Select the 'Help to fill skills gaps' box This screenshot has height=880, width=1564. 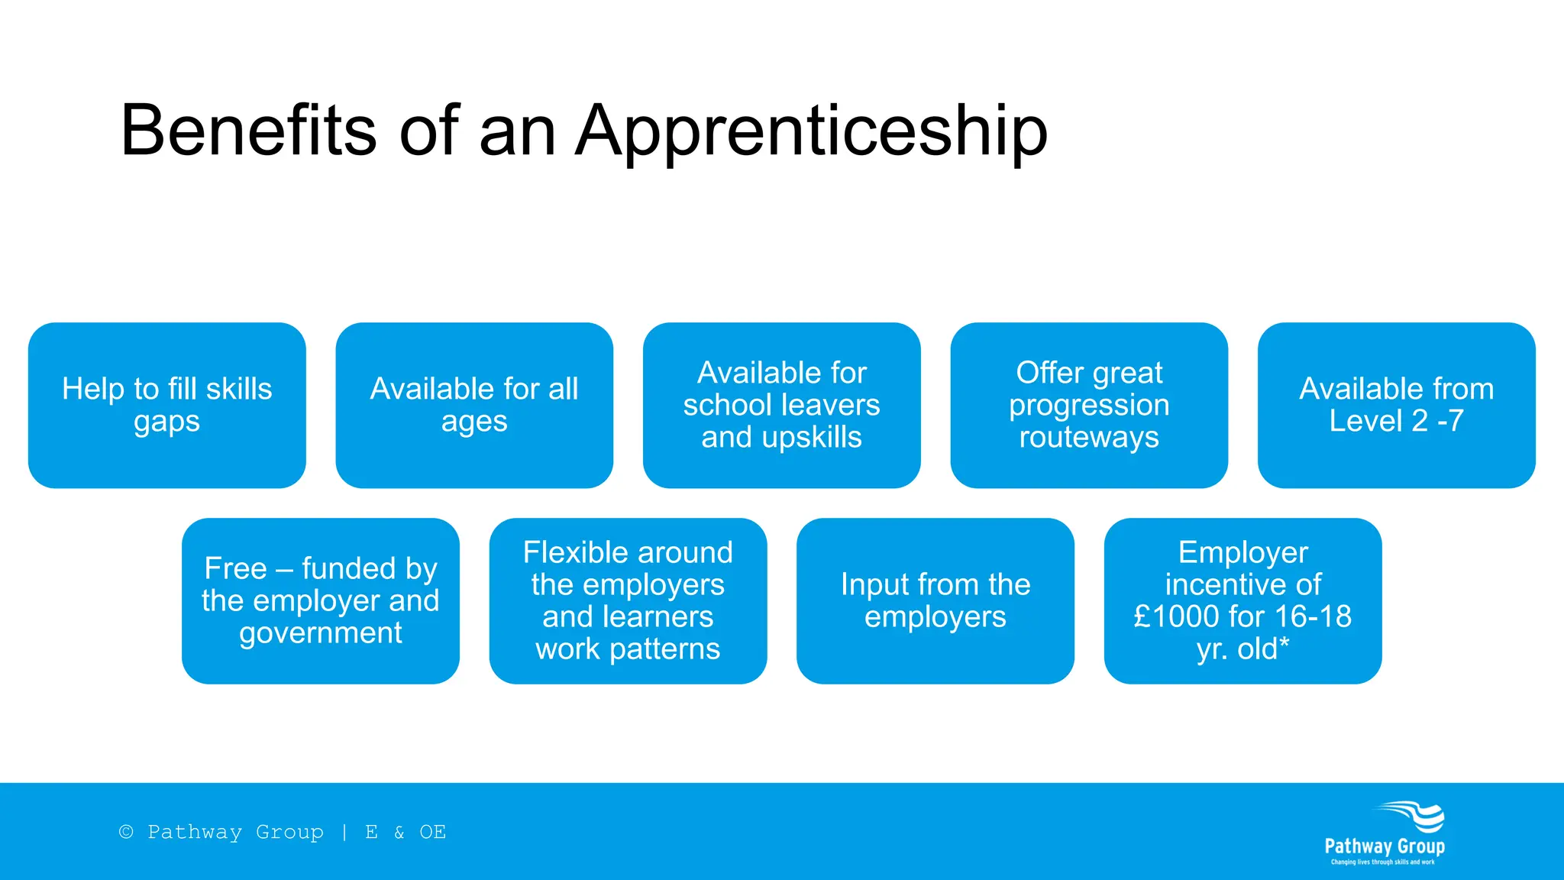pos(166,405)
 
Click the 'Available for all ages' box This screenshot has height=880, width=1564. pos(474,405)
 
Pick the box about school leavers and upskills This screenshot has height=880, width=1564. pos(781,405)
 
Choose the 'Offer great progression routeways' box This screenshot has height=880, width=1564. pos(1089,405)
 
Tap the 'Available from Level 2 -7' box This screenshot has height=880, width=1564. pos(1396,405)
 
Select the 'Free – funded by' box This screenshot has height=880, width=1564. pos(321,600)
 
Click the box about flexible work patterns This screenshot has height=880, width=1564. pos(628,600)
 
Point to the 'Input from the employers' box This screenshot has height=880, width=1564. pos(935,600)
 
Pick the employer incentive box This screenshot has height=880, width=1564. pos(1242,600)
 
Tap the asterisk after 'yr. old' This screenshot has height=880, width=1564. pos(1284,646)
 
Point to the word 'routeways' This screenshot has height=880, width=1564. pos(1089,438)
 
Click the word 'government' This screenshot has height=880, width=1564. pos(321,633)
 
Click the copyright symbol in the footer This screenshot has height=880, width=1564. pos(126,832)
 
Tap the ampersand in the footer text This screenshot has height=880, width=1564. pos(399,832)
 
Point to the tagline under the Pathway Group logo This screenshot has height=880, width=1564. pos(1383,862)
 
